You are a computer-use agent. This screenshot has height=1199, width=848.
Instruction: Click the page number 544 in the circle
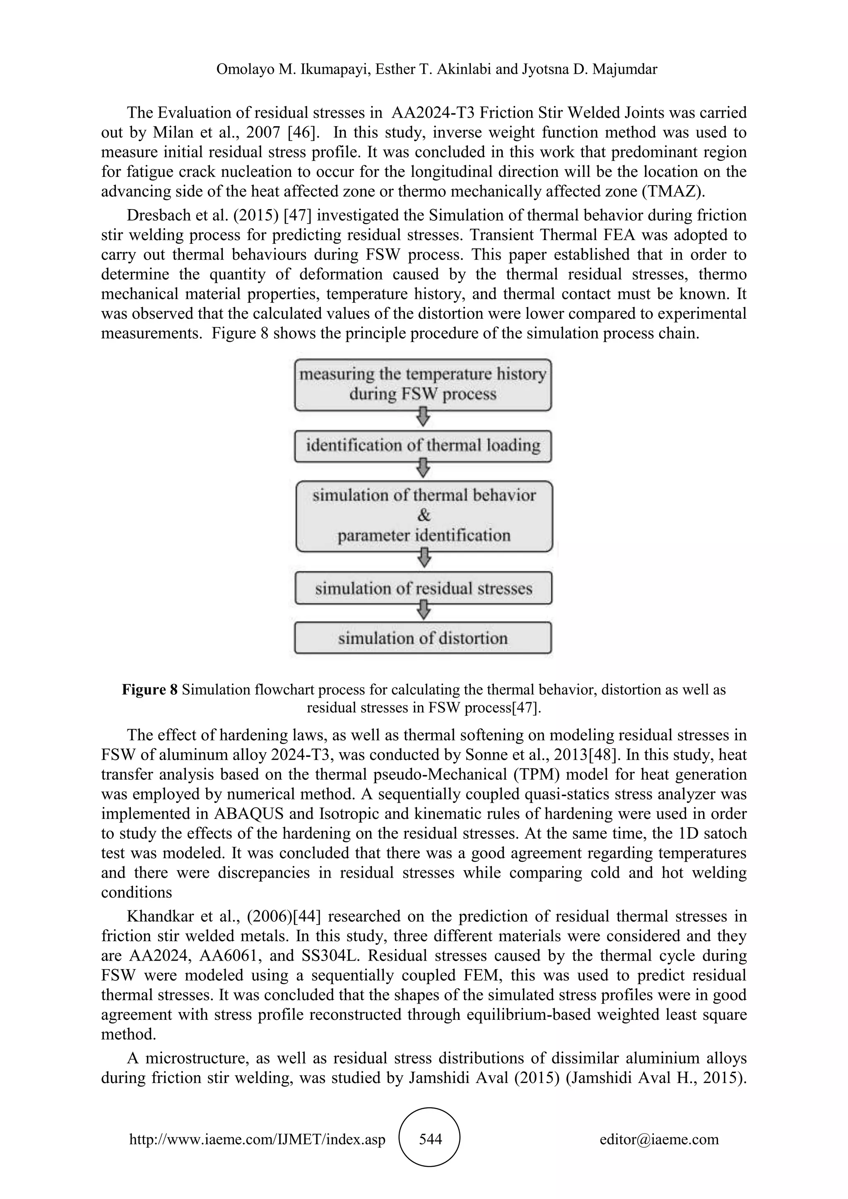point(430,1139)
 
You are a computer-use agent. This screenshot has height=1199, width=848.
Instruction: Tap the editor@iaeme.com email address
point(659,1139)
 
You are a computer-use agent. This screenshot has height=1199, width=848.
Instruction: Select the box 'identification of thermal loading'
point(423,446)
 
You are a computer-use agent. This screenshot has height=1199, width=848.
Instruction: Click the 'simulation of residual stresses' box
point(423,589)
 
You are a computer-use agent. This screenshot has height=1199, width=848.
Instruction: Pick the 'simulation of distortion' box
point(423,638)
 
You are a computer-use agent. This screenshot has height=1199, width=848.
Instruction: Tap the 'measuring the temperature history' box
point(423,384)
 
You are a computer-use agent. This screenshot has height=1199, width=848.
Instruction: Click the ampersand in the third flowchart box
point(424,515)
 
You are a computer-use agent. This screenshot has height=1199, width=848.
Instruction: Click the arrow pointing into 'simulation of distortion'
point(424,609)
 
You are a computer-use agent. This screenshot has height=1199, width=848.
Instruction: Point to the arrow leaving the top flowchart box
point(424,417)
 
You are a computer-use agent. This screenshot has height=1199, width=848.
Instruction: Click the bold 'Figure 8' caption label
point(150,690)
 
